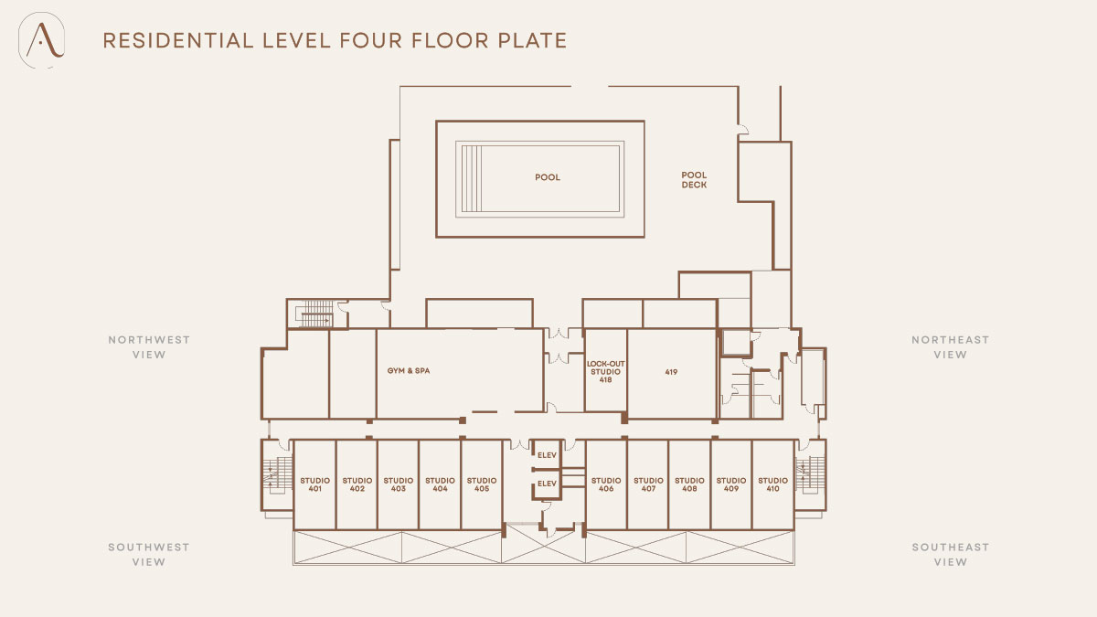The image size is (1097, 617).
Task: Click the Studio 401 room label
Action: pyautogui.click(x=314, y=484)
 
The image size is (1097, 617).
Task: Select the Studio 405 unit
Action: pyautogui.click(x=482, y=484)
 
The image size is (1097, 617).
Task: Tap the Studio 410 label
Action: pyautogui.click(x=772, y=484)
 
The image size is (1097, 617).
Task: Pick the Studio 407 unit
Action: pyautogui.click(x=648, y=484)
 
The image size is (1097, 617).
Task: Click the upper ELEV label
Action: pyautogui.click(x=547, y=455)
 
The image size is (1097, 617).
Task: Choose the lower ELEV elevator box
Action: pyautogui.click(x=547, y=484)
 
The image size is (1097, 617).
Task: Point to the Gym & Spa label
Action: pyautogui.click(x=409, y=371)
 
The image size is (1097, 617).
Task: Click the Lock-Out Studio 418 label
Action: pyautogui.click(x=606, y=372)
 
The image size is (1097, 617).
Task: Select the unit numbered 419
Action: pyautogui.click(x=671, y=373)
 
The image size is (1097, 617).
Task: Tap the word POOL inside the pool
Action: pyautogui.click(x=548, y=177)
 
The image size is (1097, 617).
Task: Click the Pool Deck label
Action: pyautogui.click(x=694, y=180)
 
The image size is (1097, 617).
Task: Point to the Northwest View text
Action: pyautogui.click(x=149, y=347)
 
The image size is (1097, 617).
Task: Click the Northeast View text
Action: pyautogui.click(x=950, y=347)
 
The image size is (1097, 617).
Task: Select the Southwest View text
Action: pyautogui.click(x=149, y=554)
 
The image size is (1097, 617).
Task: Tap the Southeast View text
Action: pyautogui.click(x=950, y=554)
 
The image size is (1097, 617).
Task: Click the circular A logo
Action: pyautogui.click(x=42, y=40)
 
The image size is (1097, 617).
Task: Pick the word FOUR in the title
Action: pyautogui.click(x=371, y=40)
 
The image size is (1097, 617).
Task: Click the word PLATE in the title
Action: pyautogui.click(x=532, y=40)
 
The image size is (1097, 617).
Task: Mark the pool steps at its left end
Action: pyautogui.click(x=472, y=179)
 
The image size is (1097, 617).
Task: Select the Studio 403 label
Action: pyautogui.click(x=399, y=484)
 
